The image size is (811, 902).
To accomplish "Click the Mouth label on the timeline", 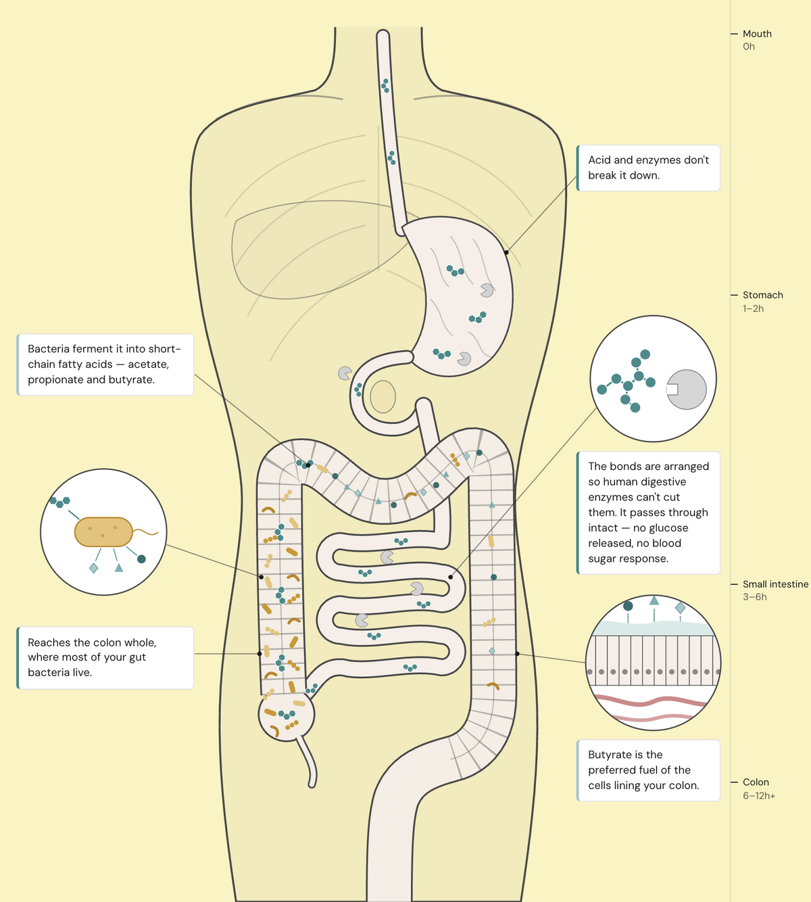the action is (757, 34).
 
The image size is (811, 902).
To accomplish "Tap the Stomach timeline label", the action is (762, 295).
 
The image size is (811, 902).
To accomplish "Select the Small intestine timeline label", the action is (775, 584).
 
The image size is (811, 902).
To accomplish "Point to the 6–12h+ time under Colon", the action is (759, 795).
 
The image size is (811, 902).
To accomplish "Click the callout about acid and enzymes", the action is (648, 168).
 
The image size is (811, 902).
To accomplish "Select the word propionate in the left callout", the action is (55, 379).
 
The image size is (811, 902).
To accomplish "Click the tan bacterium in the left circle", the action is (103, 532).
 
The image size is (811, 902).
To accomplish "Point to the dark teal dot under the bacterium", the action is (141, 559).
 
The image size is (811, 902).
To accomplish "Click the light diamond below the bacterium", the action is (93, 568).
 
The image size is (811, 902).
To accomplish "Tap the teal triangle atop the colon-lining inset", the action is (654, 600).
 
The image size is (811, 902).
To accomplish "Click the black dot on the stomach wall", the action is (506, 253).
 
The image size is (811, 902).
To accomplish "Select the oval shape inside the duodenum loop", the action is (383, 397).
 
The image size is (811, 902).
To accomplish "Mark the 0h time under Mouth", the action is (749, 46).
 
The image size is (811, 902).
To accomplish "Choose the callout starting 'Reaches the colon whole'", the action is (105, 657).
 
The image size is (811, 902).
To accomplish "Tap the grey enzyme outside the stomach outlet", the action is (345, 373).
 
